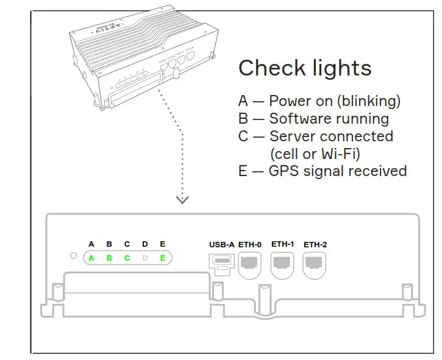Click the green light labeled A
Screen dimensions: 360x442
91,258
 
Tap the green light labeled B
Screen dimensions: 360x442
109,258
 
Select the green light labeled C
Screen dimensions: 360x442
127,258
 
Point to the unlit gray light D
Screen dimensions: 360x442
144,258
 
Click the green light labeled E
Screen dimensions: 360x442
162,258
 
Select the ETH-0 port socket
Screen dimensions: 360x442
250,263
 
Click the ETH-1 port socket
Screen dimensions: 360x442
282,263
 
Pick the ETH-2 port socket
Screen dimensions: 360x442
315,263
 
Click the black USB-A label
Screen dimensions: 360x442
221,244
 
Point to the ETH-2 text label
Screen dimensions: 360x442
315,244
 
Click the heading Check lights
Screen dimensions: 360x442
304,68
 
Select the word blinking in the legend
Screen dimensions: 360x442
373,101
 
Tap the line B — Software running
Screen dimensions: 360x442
313,118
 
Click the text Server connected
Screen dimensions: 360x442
331,136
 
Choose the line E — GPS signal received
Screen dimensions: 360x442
322,171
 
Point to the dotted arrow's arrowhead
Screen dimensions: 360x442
182,199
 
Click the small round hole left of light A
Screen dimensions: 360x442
74,256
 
